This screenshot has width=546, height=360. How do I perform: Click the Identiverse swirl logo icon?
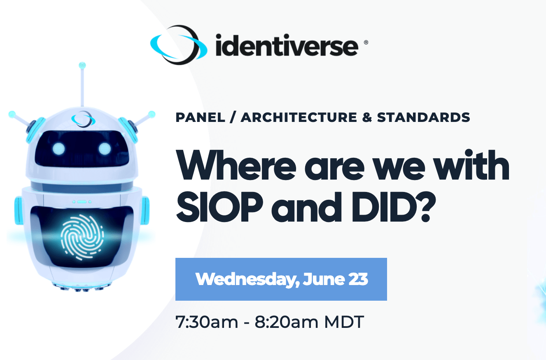[179, 45]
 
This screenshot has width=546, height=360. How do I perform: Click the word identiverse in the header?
[287, 45]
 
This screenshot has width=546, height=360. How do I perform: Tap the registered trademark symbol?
[366, 42]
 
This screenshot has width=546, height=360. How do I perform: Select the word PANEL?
[200, 117]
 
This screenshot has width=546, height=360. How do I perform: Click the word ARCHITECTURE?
[299, 117]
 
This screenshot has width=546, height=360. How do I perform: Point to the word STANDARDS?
[423, 117]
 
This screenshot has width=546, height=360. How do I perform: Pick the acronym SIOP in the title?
[219, 207]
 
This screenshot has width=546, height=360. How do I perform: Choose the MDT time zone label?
[344, 322]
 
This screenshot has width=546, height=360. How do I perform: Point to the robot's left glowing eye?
[58, 149]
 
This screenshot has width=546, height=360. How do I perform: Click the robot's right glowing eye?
[105, 149]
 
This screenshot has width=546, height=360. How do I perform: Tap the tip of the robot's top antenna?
[82, 65]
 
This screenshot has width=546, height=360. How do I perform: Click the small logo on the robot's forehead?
[83, 119]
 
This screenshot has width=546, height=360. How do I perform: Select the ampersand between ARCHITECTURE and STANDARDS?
[367, 117]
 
